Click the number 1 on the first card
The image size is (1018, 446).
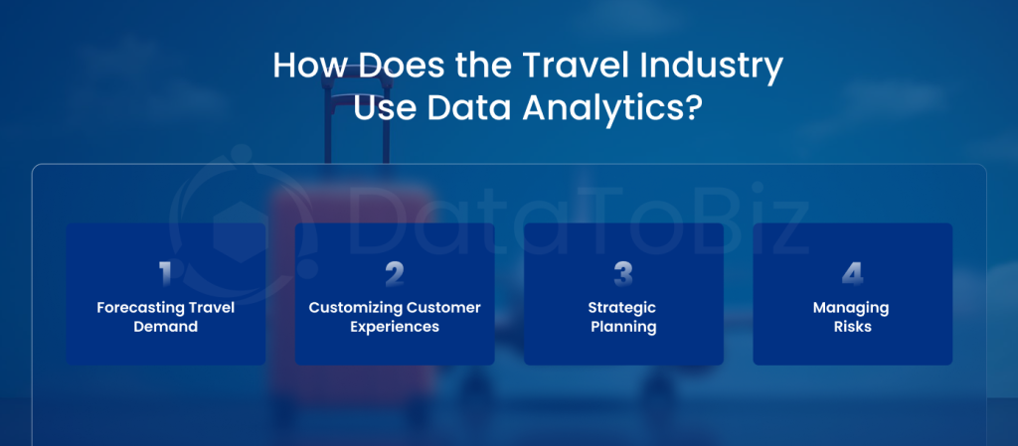[166, 275]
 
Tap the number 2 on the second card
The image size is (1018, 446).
[395, 275]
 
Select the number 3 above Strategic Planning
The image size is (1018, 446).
[623, 275]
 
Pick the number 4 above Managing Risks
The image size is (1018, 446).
[852, 275]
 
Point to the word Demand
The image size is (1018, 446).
[166, 326]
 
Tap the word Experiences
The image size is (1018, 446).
[395, 328]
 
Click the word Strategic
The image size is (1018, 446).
[622, 308]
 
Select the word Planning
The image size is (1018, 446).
[623, 328]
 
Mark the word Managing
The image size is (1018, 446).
[851, 308]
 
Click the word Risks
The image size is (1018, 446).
[852, 326]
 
